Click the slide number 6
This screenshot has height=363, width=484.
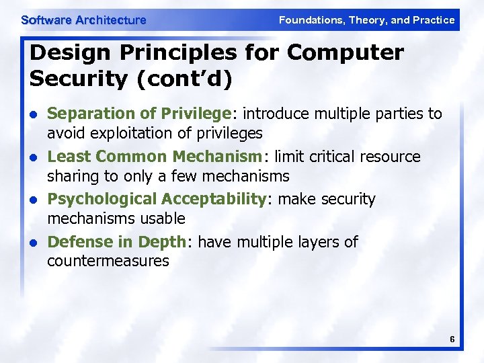pyautogui.click(x=452, y=340)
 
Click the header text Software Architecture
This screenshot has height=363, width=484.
pyautogui.click(x=83, y=20)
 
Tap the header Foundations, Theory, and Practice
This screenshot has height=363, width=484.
pyautogui.click(x=366, y=20)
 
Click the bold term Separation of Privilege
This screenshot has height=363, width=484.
pyautogui.click(x=139, y=114)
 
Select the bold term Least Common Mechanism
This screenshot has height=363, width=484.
pyautogui.click(x=155, y=157)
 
